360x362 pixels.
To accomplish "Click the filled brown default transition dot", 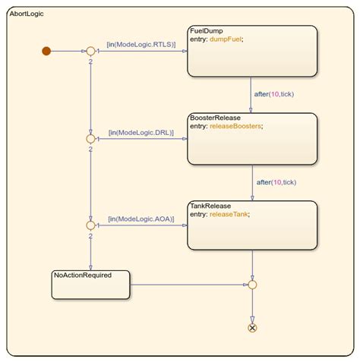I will (46, 51).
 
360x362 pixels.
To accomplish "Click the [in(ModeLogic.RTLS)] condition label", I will (141, 45).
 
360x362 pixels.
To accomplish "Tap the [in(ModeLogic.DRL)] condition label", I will (141, 132).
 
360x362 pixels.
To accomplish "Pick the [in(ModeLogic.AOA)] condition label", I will (141, 219).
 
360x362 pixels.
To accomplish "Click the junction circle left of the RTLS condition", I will (90, 51).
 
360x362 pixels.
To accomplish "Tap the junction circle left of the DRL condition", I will (90, 138).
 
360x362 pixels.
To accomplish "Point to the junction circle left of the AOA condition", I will (90, 225).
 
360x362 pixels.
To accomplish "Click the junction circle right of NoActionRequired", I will (252, 285).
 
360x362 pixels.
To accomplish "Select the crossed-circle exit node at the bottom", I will (252, 328).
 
